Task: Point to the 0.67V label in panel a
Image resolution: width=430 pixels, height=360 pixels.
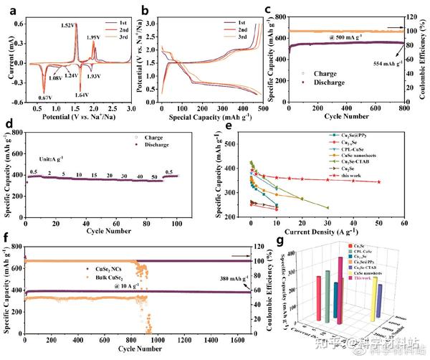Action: tap(45, 98)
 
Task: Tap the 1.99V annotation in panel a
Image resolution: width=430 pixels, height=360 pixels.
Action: tap(94, 38)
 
